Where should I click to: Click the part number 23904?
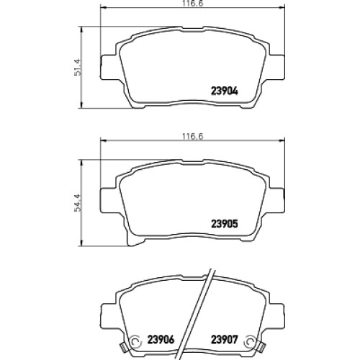click(x=225, y=91)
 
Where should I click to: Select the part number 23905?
click(x=225, y=224)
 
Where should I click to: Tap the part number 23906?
click(x=161, y=339)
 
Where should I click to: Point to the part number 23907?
click(x=225, y=339)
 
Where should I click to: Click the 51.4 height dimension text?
click(x=78, y=67)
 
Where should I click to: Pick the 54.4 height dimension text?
click(x=78, y=202)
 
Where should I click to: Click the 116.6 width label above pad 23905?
click(x=192, y=137)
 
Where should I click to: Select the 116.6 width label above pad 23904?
click(x=192, y=4)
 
